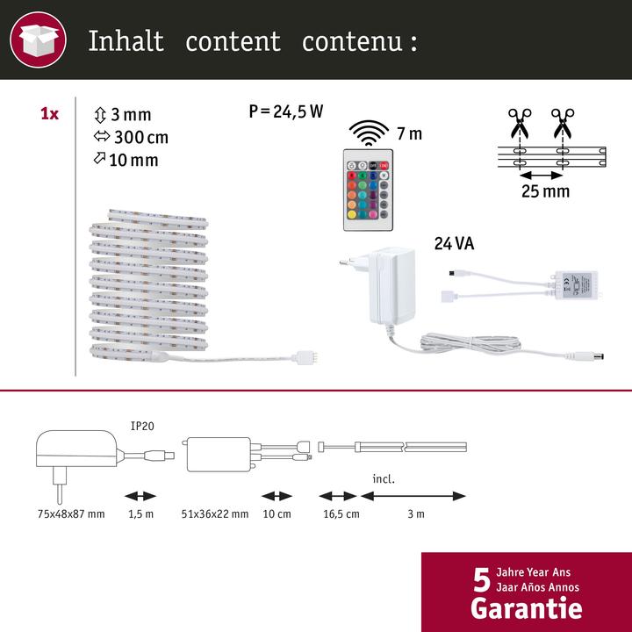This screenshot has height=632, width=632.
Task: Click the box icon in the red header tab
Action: (38, 39)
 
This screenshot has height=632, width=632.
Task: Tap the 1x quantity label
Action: (50, 115)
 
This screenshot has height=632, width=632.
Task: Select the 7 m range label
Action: (409, 133)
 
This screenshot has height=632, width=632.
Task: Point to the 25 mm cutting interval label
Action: (543, 190)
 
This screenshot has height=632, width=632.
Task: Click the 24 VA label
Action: (453, 245)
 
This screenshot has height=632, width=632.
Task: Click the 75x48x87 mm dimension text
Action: (69, 513)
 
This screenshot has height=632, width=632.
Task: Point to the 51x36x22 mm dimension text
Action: (215, 513)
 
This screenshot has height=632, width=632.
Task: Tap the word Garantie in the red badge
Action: (526, 607)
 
